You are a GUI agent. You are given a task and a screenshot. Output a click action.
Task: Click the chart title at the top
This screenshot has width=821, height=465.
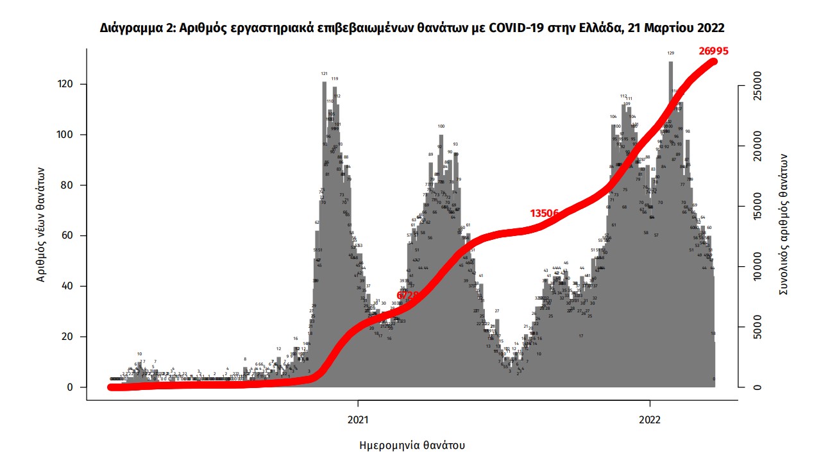point(412,28)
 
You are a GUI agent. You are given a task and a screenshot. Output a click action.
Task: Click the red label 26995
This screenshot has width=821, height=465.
point(714,51)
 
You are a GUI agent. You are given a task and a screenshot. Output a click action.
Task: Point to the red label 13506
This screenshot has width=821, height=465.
point(546,214)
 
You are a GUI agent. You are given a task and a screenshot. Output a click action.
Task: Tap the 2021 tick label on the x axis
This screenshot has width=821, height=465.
point(358,420)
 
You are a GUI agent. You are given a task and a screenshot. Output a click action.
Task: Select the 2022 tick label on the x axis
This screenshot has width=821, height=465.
point(650,420)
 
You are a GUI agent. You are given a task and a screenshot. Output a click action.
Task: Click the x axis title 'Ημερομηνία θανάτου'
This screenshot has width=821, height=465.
point(412,445)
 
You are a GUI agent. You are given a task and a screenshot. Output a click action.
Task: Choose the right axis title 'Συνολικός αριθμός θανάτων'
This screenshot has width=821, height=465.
point(783,224)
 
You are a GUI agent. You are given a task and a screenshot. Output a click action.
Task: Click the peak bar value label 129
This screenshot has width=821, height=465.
point(671,53)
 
